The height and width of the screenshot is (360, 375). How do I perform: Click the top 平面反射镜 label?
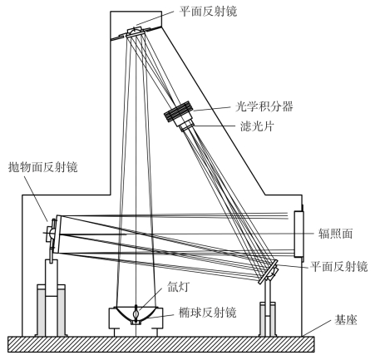[x=208, y=12]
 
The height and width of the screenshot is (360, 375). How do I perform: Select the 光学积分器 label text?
[x=264, y=106]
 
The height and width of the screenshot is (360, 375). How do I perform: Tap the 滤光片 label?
[x=257, y=126]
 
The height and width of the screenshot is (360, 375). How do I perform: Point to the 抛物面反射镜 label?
[x=43, y=167]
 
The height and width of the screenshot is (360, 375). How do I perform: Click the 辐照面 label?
[x=335, y=234]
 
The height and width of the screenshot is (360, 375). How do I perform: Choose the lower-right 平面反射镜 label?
[x=338, y=267]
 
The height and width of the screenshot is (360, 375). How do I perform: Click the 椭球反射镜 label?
[x=208, y=313]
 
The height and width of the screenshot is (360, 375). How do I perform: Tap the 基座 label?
[x=346, y=319]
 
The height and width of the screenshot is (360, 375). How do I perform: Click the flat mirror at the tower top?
[x=136, y=32]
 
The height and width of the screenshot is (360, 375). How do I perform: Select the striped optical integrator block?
[x=178, y=111]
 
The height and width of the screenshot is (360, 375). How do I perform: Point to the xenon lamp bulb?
[x=136, y=313]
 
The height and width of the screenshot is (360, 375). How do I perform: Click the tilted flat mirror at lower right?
[x=268, y=272]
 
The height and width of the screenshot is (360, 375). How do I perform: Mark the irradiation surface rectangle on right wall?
[x=299, y=234]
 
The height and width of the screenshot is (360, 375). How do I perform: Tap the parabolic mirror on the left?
[x=54, y=234]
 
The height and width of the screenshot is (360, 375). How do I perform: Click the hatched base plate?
[x=161, y=344]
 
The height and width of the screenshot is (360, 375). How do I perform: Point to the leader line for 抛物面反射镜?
[x=37, y=198]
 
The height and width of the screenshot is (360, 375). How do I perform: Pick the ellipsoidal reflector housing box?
[x=136, y=318]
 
